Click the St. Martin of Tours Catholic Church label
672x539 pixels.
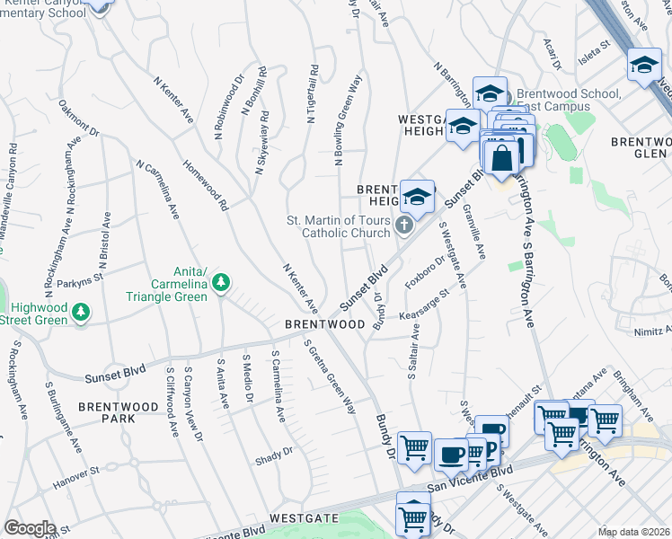[x=339, y=227]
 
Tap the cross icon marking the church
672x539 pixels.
[x=404, y=225]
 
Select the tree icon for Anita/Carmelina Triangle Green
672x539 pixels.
[x=221, y=283]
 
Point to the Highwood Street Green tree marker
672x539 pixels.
[x=82, y=313]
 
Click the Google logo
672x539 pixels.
[x=30, y=528]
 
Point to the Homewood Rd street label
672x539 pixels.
[x=206, y=185]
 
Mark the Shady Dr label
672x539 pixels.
[x=275, y=452]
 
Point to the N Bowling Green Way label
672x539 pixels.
[x=347, y=121]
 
